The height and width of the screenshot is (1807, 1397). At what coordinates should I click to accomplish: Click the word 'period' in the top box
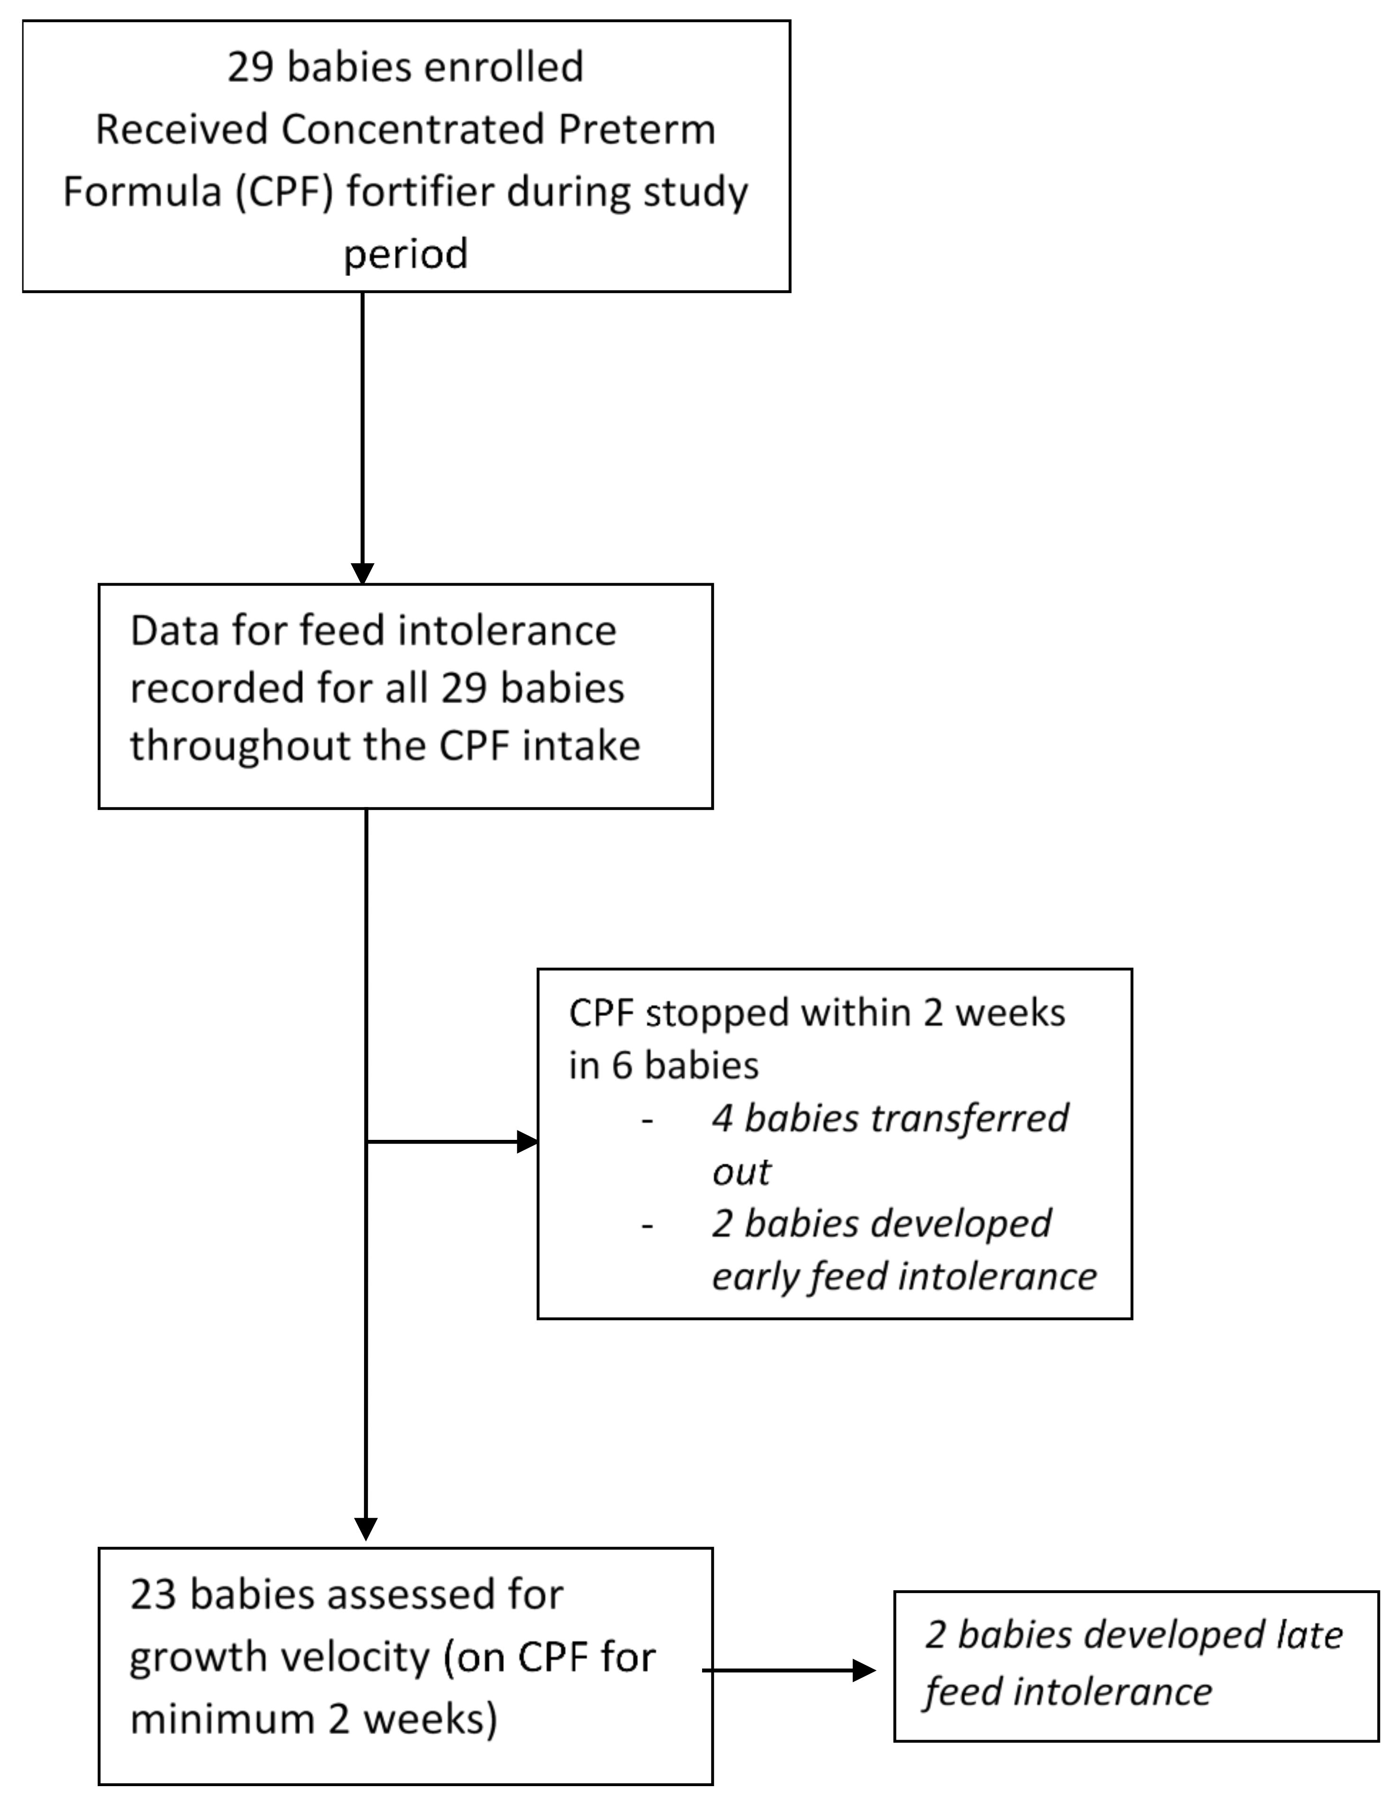click(x=405, y=253)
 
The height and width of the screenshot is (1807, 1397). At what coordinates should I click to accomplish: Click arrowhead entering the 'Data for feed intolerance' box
click(x=362, y=573)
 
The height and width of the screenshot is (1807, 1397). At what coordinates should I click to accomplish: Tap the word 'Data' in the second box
click(x=173, y=631)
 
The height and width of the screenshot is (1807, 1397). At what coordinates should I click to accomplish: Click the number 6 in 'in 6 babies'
click(x=622, y=1066)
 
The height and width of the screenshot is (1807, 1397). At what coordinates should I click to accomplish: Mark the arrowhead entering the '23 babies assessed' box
click(x=365, y=1527)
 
